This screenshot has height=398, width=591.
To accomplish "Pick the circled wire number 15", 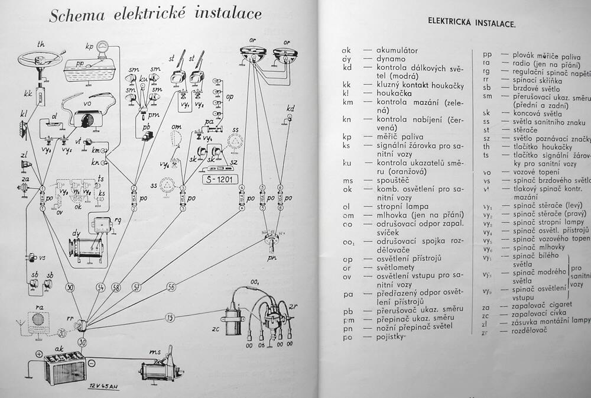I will coord(170,318).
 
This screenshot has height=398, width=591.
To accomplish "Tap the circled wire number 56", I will coord(171,287).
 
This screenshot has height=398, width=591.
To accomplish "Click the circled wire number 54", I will coord(100,287).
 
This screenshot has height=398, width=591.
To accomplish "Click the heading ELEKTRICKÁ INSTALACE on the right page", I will coord(472,24).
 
